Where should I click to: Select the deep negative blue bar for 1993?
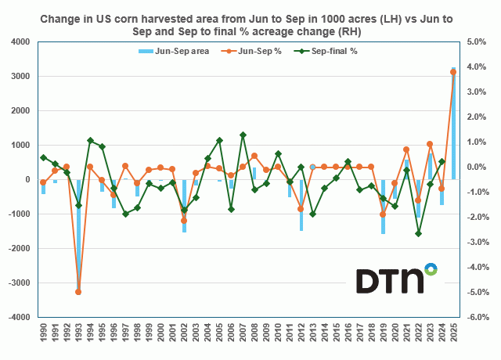(x=78, y=235)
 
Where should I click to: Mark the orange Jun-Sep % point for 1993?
(x=78, y=292)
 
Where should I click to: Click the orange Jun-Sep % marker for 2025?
(x=453, y=72)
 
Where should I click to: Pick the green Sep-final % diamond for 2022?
(x=418, y=233)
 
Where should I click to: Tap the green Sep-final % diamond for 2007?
(x=243, y=135)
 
